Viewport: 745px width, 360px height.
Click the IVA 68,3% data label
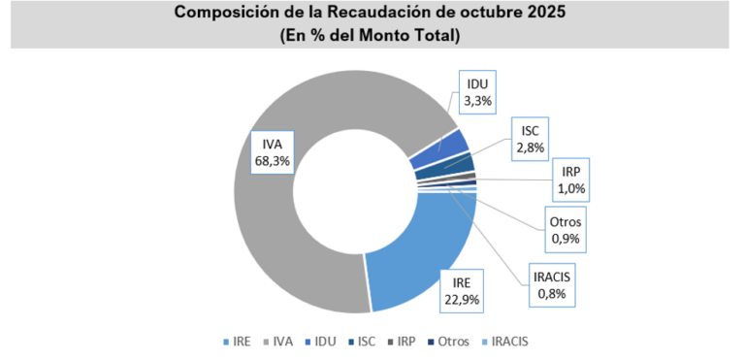(271, 151)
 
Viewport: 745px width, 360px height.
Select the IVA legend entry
(278, 341)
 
